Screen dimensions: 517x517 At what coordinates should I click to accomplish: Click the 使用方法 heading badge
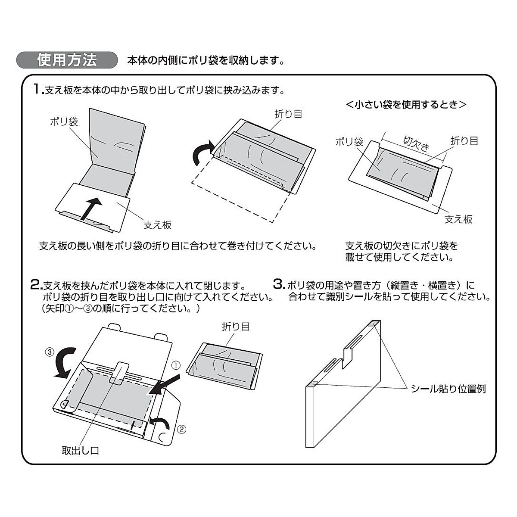pos(67,60)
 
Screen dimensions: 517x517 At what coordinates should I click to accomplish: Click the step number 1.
pos(38,90)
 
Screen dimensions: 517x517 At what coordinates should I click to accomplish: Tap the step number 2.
pos(35,285)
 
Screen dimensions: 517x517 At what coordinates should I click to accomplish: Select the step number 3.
pos(279,285)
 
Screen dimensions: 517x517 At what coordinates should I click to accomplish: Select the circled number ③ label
pos(50,352)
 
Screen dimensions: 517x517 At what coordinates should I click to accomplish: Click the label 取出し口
pos(81,451)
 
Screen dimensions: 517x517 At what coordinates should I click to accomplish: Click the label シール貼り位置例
pos(448,389)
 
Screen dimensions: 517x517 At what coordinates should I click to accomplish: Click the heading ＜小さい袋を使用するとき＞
pos(406,105)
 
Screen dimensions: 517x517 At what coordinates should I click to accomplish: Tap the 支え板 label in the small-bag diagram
pos(458,219)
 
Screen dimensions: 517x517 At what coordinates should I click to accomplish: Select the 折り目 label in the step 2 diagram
pos(236,327)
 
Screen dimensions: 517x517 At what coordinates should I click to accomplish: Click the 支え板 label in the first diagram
pos(157,224)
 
